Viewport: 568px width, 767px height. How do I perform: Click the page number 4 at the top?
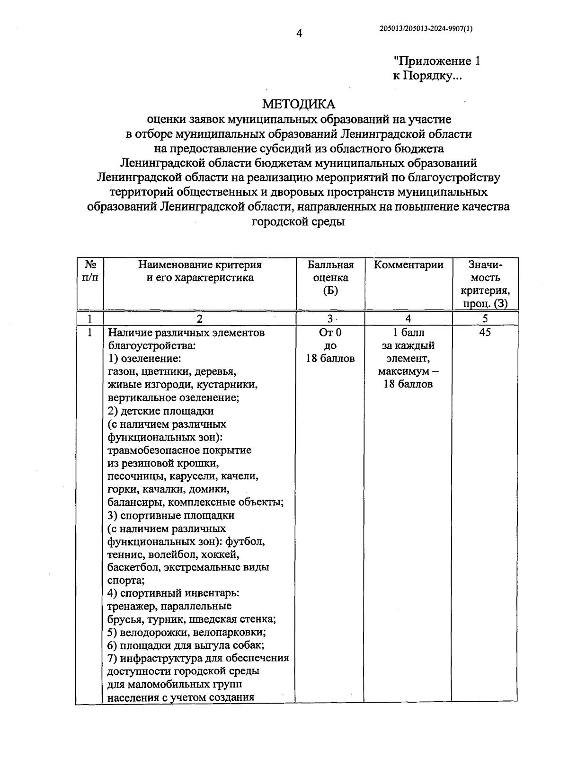tap(299, 33)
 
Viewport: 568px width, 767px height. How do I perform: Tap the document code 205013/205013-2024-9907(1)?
tap(426, 28)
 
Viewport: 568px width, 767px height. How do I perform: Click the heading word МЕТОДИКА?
tap(299, 104)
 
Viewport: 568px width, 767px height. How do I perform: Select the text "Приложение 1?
tap(437, 62)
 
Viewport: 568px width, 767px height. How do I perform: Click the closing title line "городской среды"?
tap(298, 221)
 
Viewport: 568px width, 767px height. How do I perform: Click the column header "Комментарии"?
tap(408, 265)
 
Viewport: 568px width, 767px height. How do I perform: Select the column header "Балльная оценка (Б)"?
tap(330, 278)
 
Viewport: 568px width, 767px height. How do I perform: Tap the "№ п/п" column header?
tap(90, 271)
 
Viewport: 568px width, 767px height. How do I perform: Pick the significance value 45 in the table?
tap(485, 333)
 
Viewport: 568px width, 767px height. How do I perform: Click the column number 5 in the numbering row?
tap(485, 319)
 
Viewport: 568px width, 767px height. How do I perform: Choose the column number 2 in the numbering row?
tap(199, 319)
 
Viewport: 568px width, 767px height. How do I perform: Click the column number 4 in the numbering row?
tap(408, 319)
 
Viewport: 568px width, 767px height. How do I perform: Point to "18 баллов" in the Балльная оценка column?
tap(330, 359)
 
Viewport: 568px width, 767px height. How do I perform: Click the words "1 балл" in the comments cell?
tap(408, 333)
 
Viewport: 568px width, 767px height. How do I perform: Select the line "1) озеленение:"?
tap(144, 359)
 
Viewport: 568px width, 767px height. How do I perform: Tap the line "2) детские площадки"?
tap(160, 411)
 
